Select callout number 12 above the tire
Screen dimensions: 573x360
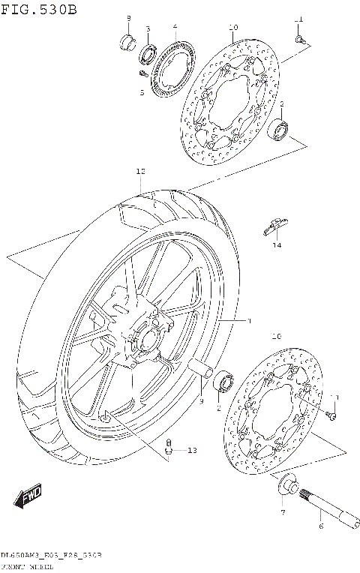coord(140,172)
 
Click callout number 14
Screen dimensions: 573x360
coord(277,245)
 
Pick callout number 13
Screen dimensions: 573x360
coord(192,450)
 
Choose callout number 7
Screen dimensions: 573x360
coord(283,512)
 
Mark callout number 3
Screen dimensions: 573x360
coord(148,28)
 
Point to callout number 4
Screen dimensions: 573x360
coord(174,27)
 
